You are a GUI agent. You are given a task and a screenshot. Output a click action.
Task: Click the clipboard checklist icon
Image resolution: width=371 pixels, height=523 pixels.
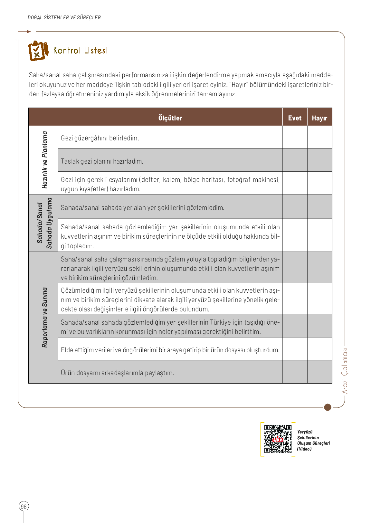(38, 51)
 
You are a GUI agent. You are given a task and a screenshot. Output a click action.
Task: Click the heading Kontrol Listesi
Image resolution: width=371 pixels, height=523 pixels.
(81, 51)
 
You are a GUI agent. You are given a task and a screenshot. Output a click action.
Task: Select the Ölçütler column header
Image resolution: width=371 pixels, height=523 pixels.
(170, 118)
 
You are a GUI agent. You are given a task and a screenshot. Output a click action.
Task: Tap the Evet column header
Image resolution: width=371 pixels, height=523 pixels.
(295, 118)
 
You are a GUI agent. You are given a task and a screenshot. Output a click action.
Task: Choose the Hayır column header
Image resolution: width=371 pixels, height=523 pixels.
(319, 118)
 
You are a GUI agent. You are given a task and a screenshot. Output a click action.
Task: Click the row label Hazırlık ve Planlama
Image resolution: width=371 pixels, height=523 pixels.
(45, 160)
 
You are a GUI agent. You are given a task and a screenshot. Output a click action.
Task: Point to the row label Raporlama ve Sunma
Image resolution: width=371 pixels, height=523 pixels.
(45, 317)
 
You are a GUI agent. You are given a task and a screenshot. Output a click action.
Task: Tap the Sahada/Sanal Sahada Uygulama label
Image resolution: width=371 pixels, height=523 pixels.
(44, 223)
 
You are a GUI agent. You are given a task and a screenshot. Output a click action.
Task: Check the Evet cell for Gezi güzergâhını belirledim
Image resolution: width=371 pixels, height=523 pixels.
(295, 137)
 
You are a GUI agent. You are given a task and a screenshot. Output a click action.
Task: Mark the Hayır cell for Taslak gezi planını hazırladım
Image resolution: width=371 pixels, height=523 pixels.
(319, 160)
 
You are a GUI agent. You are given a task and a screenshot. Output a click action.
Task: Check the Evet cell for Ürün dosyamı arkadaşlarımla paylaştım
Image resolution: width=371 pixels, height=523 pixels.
(295, 372)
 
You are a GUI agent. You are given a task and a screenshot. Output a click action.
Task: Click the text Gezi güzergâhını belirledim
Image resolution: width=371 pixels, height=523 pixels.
(100, 138)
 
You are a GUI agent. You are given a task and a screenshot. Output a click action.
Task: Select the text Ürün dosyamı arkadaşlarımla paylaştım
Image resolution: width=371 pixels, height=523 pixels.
(118, 373)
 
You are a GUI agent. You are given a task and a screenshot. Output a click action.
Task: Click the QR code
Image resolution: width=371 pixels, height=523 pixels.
(278, 439)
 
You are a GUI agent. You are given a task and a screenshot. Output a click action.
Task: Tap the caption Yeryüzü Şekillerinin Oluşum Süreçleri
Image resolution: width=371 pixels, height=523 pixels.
(313, 440)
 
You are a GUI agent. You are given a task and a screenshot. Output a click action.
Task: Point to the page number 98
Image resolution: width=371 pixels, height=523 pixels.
(24, 506)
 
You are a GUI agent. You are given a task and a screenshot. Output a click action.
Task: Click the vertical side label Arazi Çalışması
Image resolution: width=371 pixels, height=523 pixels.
(345, 370)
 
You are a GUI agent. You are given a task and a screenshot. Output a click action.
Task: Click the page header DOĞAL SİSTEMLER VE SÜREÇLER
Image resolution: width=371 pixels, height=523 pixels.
(64, 17)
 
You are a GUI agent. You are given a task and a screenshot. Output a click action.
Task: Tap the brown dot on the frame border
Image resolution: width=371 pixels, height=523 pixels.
(328, 407)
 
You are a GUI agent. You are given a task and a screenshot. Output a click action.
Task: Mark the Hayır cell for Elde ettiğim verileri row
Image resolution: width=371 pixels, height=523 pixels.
(319, 349)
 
